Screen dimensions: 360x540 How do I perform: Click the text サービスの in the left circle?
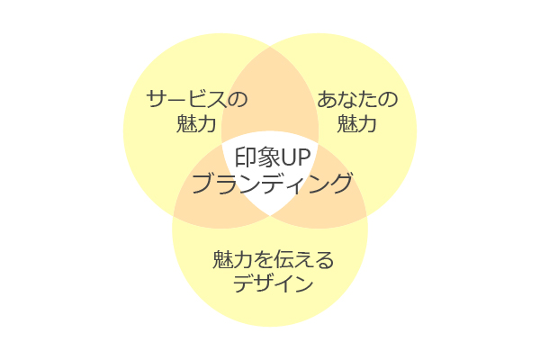coord(197,99)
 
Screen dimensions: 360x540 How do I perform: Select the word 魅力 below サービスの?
coord(197,124)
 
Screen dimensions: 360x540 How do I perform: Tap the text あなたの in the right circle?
coord(357,99)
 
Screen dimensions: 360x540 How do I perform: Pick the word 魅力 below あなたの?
coord(357,124)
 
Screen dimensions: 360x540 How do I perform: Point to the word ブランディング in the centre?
coord(271,184)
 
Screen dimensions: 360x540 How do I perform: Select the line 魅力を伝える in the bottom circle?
coord(273,261)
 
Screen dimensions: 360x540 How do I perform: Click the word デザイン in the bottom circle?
coord(273,285)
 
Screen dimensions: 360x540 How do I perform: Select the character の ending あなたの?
coord(388,99)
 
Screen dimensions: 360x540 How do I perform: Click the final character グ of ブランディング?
coord(340,184)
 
